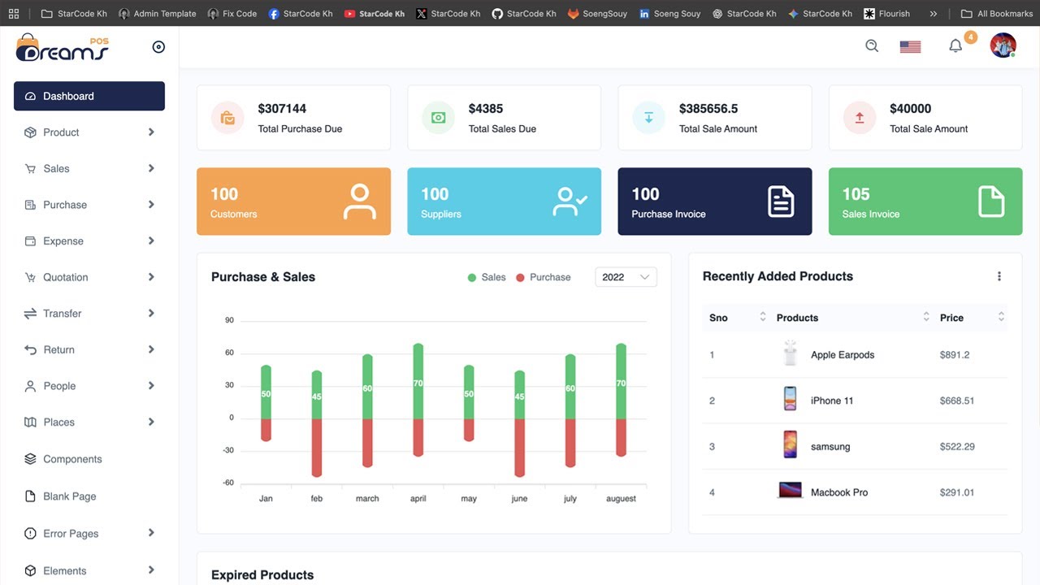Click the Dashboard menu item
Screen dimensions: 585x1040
coord(89,96)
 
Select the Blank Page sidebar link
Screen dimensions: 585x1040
coord(69,496)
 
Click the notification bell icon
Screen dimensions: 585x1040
coord(955,46)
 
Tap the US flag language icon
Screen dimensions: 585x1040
coord(910,47)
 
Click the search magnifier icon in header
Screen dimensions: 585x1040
coord(872,46)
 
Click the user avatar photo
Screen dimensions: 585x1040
coord(1003,45)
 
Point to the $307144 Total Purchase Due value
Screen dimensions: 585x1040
coord(282,109)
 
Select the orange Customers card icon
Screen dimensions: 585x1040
coord(359,201)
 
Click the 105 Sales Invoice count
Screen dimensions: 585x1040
coord(856,194)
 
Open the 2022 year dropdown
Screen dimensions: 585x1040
coord(626,277)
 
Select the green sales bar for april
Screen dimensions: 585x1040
coord(418,381)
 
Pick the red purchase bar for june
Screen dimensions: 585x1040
coord(519,447)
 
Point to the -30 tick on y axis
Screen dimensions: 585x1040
coord(228,450)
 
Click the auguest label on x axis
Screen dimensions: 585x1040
coord(621,499)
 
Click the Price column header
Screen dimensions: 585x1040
coord(951,318)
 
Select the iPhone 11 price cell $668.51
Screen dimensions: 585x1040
coord(957,401)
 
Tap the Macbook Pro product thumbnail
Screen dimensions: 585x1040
coord(790,491)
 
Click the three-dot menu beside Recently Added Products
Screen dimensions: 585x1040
coord(999,276)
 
